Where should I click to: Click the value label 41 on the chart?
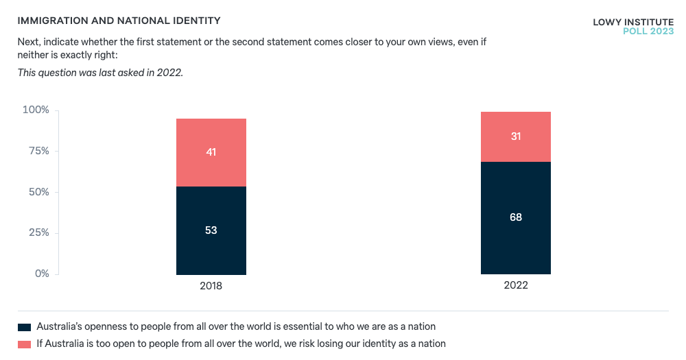211,152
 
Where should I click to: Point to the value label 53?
211,230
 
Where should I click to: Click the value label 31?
515,136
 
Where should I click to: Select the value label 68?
515,217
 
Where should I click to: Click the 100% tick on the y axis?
36,110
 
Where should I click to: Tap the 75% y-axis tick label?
38,151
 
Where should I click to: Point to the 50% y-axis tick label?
38,192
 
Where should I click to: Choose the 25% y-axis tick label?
38,233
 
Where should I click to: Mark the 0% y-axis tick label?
42,274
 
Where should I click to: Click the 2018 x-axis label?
211,285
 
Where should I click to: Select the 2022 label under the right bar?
515,285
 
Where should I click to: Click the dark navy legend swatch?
25,327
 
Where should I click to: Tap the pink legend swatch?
25,344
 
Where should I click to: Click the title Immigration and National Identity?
119,22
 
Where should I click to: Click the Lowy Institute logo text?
633,22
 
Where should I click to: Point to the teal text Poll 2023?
648,31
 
